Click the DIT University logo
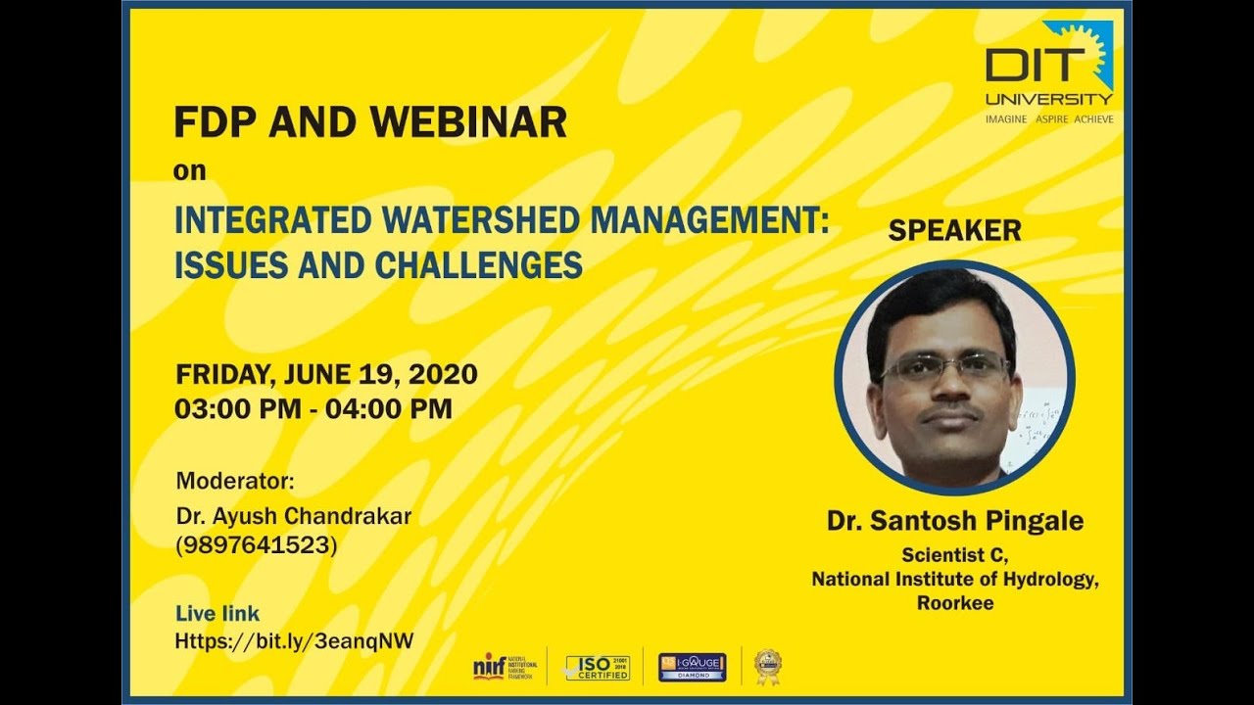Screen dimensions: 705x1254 (1048, 73)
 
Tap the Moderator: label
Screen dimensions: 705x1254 (235, 481)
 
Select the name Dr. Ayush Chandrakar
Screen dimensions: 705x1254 (293, 515)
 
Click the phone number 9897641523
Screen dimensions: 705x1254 (256, 545)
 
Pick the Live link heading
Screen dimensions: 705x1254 (217, 614)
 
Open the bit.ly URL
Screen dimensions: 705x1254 (294, 641)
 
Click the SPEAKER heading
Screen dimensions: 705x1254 (954, 230)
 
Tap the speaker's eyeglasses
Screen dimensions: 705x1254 (944, 367)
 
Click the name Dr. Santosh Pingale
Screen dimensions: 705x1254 (954, 521)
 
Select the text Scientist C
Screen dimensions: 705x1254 (954, 555)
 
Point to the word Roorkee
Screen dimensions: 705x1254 (954, 603)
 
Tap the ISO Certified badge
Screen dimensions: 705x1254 (598, 667)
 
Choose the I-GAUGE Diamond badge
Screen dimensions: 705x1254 (692, 667)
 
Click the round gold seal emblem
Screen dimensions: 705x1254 (767, 666)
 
